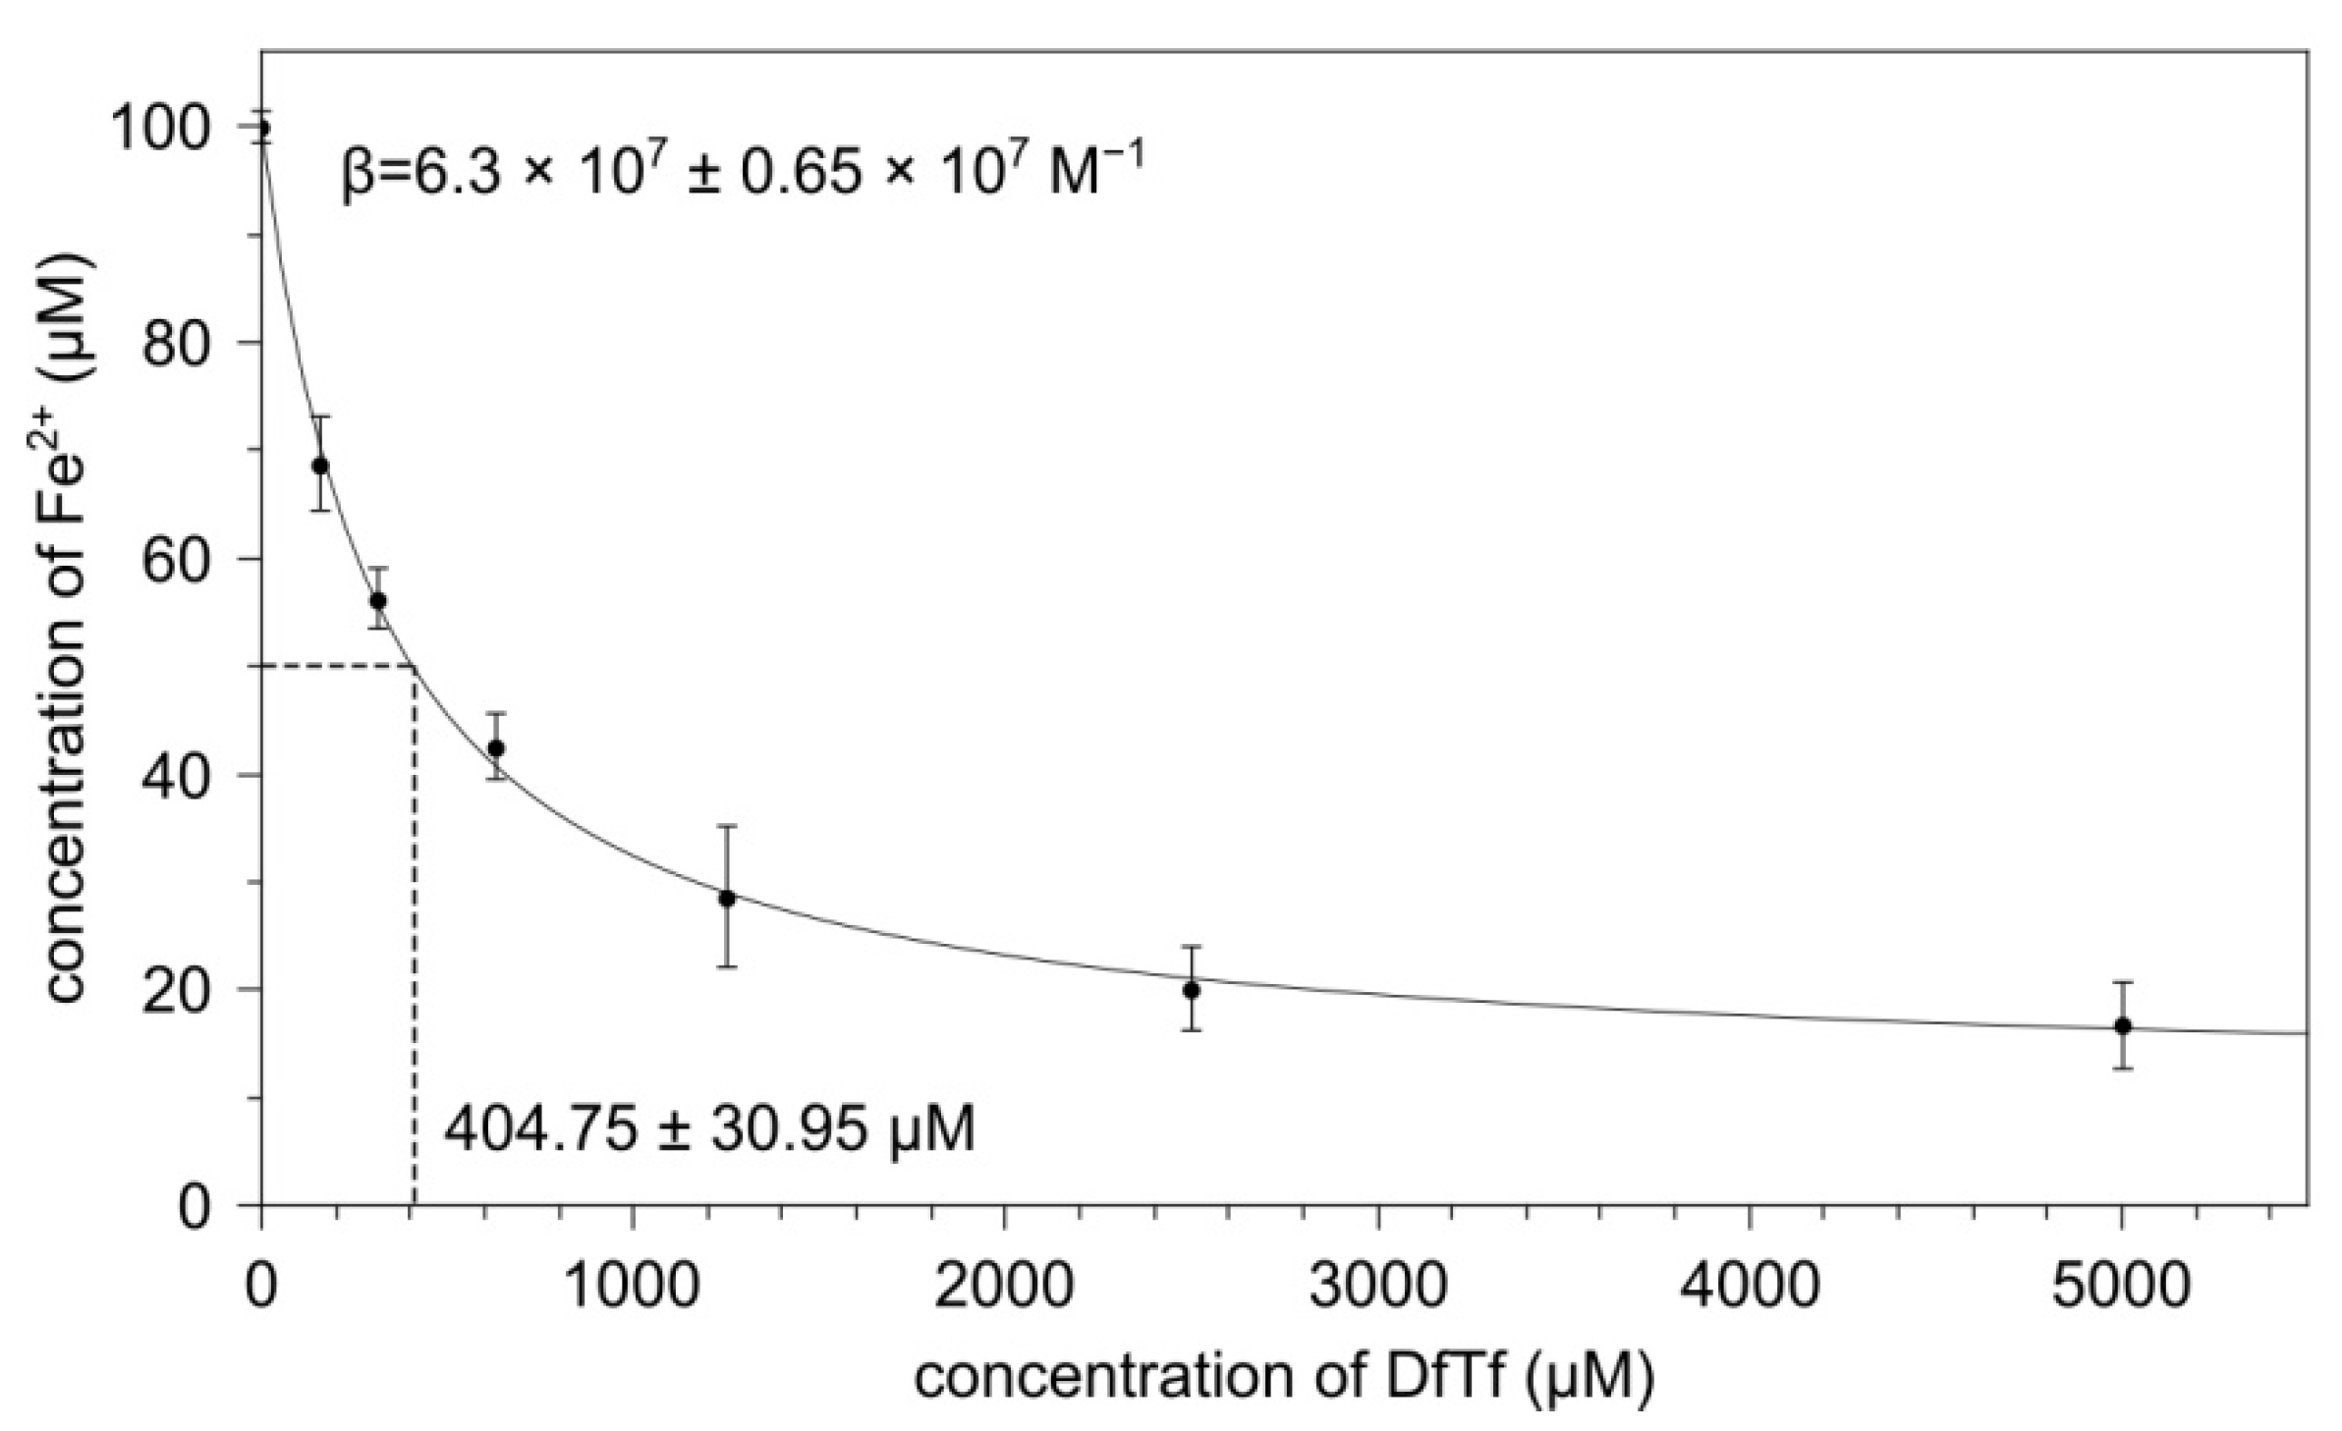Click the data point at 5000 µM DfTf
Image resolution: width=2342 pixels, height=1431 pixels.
(2122, 1025)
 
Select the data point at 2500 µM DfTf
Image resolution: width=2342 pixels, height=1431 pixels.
(1191, 990)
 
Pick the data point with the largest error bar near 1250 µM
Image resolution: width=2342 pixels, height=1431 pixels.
(726, 898)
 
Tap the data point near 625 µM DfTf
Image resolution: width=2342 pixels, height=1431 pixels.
(496, 747)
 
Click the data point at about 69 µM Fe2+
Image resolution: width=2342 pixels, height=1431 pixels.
(320, 465)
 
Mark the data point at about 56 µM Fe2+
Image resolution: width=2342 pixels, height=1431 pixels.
(378, 601)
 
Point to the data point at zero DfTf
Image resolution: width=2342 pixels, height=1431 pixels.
(262, 128)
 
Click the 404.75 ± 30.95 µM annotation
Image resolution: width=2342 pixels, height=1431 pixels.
(709, 1129)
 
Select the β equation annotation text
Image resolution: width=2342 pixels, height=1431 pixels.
(742, 169)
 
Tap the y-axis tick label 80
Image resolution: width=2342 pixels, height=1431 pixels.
(177, 343)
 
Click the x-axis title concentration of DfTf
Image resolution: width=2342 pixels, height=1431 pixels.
(1284, 1376)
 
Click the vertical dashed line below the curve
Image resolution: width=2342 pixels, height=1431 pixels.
(415, 933)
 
